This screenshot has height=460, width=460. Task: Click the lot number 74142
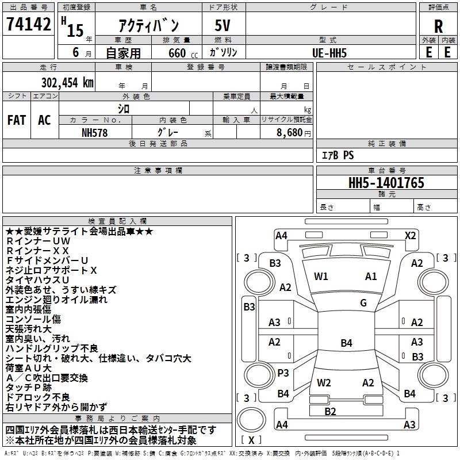tap(28, 24)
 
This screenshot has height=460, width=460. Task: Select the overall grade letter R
tap(438, 26)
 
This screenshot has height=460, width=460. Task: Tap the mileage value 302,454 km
tap(67, 83)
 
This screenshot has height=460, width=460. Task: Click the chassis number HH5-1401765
tap(386, 183)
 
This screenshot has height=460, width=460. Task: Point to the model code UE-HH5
tap(329, 53)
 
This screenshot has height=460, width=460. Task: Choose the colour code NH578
tap(94, 133)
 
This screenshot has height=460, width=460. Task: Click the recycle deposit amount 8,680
tap(290, 133)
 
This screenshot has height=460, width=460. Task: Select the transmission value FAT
tap(17, 120)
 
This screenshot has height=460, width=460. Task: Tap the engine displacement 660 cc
tap(183, 53)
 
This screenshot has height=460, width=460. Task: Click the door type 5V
tap(223, 25)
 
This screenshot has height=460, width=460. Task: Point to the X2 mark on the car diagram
tap(410, 236)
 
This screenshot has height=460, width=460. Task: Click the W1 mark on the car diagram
tap(321, 276)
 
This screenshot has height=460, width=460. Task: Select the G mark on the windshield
tap(363, 302)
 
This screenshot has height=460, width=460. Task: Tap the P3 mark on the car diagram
tap(283, 373)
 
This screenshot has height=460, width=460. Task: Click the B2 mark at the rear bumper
tap(330, 411)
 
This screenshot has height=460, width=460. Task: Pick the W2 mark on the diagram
tap(324, 382)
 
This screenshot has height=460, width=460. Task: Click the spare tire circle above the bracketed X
tap(251, 420)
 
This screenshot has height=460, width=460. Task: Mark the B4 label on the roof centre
tap(346, 343)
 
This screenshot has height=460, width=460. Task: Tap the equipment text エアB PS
tap(338, 155)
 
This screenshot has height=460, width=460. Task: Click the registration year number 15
tap(75, 30)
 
